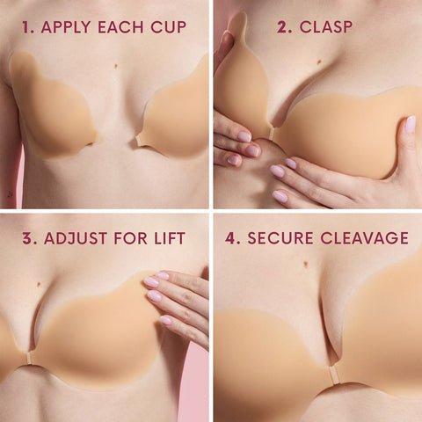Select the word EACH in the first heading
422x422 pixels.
[126, 27]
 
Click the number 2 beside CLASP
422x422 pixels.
[283, 27]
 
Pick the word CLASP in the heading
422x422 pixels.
[326, 27]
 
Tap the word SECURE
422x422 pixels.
[280, 238]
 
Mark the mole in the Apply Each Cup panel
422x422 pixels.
[116, 66]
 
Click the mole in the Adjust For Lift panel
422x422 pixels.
[42, 281]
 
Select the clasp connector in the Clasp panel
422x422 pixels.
[270, 132]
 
